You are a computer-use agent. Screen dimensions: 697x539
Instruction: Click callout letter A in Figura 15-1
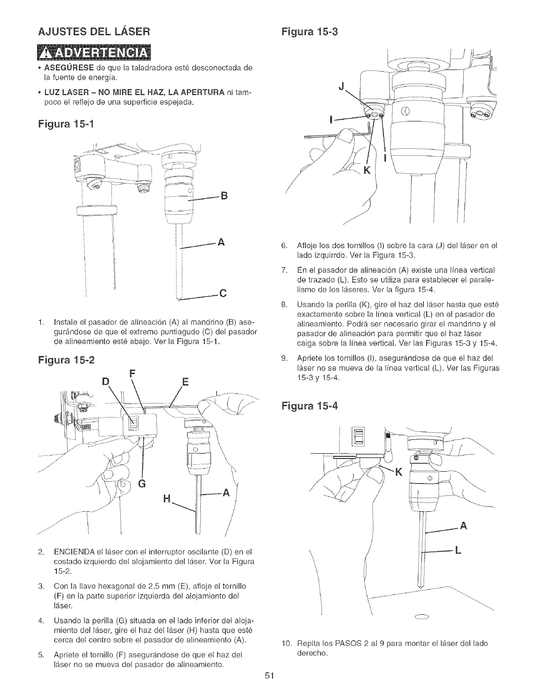coord(222,242)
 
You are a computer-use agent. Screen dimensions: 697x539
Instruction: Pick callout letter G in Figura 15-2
coord(142,485)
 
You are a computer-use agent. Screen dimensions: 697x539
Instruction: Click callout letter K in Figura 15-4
coord(399,473)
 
